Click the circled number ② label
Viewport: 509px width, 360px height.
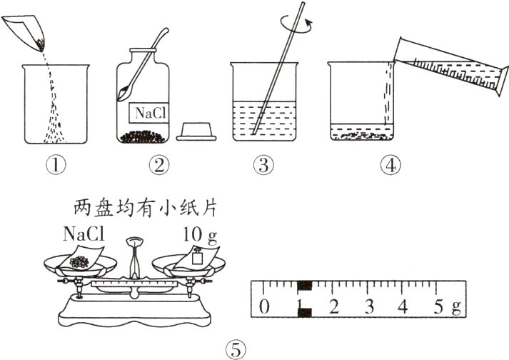(x=158, y=166)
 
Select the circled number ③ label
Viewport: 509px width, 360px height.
(x=263, y=166)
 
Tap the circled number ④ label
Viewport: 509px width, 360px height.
(x=390, y=166)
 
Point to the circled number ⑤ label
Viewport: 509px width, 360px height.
(x=235, y=349)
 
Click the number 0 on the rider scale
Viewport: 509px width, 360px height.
(x=265, y=308)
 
